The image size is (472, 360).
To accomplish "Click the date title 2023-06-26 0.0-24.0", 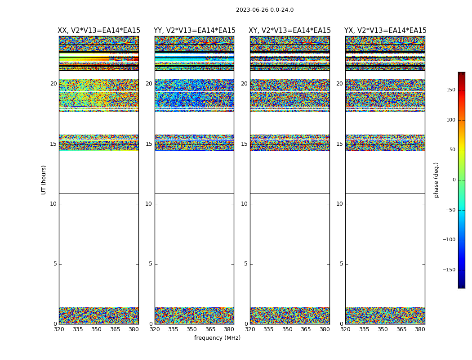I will pos(264,10).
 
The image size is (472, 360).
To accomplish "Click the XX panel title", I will pos(99,31).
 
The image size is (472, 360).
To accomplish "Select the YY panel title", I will pos(194,31).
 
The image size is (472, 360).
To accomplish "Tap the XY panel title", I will pos(289,31).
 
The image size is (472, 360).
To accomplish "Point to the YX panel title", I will pos(385,31).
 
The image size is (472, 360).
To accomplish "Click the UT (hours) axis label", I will pos(44,180).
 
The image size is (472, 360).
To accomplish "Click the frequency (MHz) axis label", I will pos(217,338).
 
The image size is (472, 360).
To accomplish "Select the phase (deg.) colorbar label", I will pos(436,180).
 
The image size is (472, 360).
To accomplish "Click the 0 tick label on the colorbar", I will pos(454,180).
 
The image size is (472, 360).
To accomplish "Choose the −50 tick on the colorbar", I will pos(449,210).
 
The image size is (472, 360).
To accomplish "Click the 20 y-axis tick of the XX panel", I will pos(53,84).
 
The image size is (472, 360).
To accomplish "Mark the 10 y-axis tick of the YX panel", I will pos(339,204).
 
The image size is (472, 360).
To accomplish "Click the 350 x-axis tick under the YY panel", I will pos(192,329).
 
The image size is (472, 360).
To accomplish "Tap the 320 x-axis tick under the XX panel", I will pos(59,329).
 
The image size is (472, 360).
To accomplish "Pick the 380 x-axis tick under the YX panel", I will pos(420,329).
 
